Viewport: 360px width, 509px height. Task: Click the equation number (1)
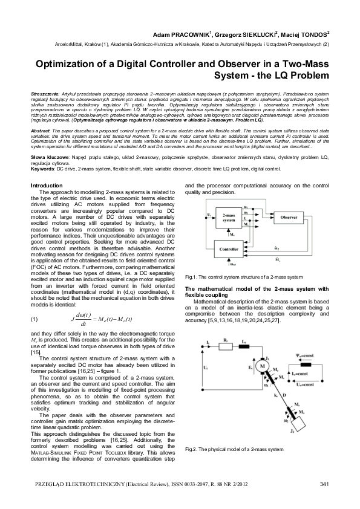click(34, 319)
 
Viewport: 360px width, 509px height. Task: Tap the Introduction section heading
click(46, 186)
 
